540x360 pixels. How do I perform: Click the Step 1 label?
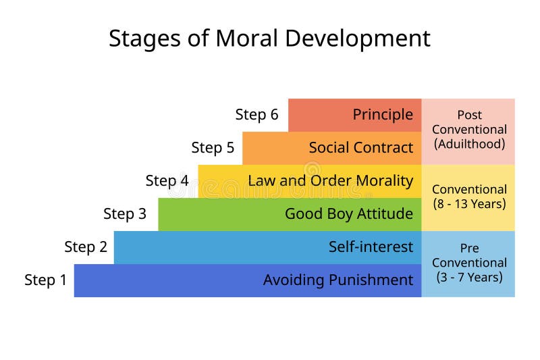coord(46,280)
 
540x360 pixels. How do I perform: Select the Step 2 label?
coord(86,247)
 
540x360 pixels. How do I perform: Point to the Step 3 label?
coord(125,214)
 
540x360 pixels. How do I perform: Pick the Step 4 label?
coord(167,181)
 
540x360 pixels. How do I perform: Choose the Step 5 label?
coord(213,148)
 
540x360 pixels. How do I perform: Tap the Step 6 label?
coord(256,115)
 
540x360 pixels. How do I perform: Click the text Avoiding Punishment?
coord(337,280)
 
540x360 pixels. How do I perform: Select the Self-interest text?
coord(371,247)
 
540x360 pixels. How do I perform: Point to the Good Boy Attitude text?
coord(348,214)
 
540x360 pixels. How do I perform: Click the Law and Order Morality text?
coord(330,180)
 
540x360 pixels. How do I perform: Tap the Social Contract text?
coord(360,148)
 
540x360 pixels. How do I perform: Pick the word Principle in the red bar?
coord(383,115)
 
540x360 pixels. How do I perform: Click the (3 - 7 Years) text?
coord(469,277)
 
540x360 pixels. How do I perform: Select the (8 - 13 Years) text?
coord(469,203)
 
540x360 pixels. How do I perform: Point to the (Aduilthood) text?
coord(469,144)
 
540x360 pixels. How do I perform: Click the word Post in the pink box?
coord(469,115)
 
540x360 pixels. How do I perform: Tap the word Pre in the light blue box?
coord(469,248)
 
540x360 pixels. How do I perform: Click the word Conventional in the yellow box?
coord(469,189)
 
